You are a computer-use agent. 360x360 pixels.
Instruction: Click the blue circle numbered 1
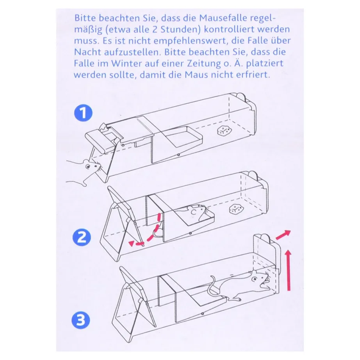(83, 113)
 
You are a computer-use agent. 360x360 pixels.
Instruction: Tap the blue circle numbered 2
(82, 237)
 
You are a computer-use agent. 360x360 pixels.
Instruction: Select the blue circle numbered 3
(80, 320)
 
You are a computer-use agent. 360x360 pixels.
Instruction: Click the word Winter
(126, 63)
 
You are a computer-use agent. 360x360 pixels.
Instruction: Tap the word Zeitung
(204, 64)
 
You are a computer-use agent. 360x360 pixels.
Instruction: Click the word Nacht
(87, 52)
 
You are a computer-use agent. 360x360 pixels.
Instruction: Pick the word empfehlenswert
(191, 41)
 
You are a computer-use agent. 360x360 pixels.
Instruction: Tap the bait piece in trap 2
(236, 209)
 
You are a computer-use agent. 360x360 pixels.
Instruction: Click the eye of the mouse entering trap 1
(87, 166)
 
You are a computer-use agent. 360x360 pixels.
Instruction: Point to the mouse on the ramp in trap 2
(196, 212)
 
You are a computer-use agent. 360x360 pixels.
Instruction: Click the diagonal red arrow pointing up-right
(283, 235)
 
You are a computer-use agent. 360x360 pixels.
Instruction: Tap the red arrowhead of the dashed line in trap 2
(131, 243)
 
